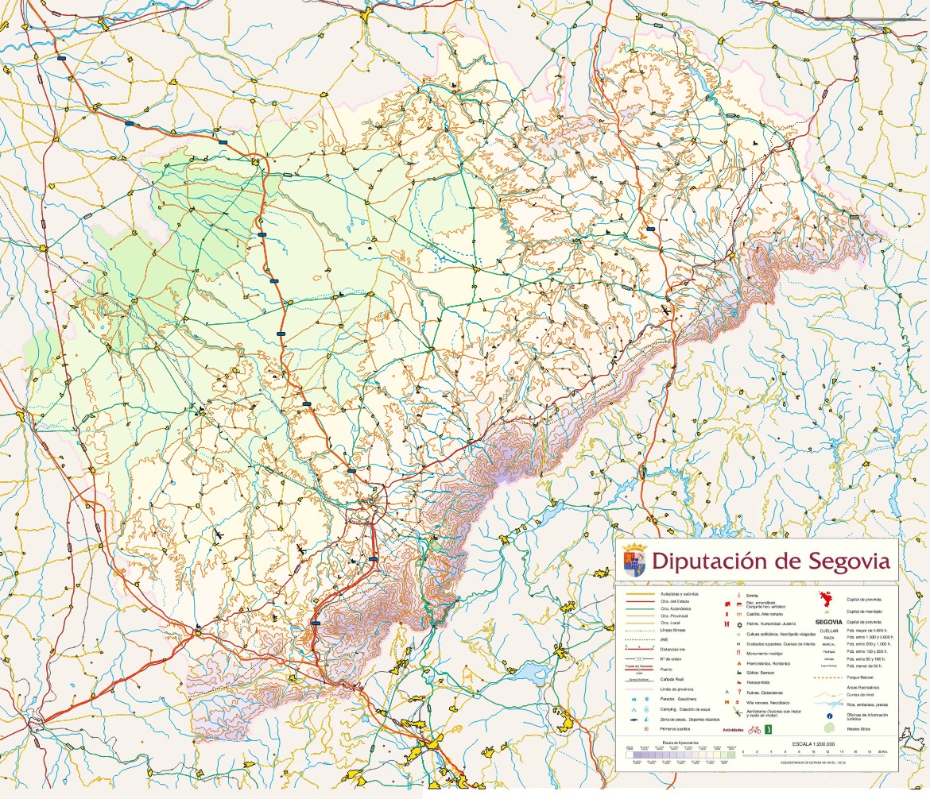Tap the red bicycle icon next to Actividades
(x=754, y=729)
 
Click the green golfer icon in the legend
(x=768, y=729)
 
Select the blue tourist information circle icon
(x=830, y=716)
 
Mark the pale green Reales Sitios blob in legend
(x=829, y=728)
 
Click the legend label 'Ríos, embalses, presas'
(x=867, y=704)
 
